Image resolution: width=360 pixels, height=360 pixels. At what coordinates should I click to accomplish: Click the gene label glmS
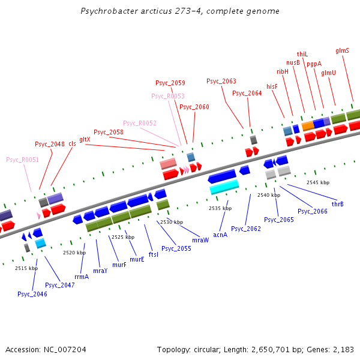click(342, 51)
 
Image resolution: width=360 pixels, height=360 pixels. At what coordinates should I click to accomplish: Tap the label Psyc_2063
click(221, 81)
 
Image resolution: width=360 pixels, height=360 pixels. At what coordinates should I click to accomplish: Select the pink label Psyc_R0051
click(22, 160)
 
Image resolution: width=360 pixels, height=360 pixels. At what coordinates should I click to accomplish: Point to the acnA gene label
click(220, 235)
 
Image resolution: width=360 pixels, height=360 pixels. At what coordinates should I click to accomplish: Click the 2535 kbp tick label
click(220, 208)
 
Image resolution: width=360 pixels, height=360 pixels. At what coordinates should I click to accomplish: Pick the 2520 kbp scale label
click(74, 253)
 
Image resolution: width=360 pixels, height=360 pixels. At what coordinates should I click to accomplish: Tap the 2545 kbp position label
click(317, 182)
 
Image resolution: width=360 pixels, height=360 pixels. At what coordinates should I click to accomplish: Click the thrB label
click(337, 204)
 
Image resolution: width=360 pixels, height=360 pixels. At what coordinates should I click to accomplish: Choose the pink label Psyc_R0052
click(139, 123)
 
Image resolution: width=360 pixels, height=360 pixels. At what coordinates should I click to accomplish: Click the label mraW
click(200, 239)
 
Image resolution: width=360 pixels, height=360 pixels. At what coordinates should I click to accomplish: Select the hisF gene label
click(272, 86)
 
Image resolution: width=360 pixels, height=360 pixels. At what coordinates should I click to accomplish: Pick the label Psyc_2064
click(247, 93)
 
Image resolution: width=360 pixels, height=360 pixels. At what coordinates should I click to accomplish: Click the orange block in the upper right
click(308, 125)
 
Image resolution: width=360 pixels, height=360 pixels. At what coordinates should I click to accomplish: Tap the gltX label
click(85, 139)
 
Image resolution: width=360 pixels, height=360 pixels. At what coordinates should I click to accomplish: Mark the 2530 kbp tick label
click(171, 222)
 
